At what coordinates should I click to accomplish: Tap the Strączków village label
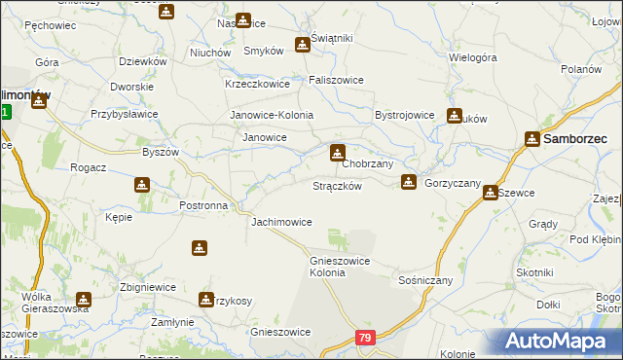[x=338, y=186]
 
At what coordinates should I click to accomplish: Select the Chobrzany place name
[x=367, y=164]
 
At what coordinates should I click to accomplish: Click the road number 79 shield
[x=365, y=338]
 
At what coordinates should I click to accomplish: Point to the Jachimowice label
[x=281, y=223]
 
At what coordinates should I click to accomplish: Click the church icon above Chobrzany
[x=337, y=152]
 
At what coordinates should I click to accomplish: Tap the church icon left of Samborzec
[x=532, y=139]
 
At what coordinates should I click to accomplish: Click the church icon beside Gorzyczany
[x=409, y=181]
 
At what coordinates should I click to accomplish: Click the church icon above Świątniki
[x=303, y=44]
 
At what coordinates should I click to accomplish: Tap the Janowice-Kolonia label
[x=272, y=115]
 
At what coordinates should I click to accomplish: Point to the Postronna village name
[x=204, y=206]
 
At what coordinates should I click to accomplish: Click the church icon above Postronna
[x=142, y=184]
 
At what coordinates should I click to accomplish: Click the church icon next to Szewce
[x=491, y=193]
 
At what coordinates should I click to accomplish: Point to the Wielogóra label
[x=473, y=57]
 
